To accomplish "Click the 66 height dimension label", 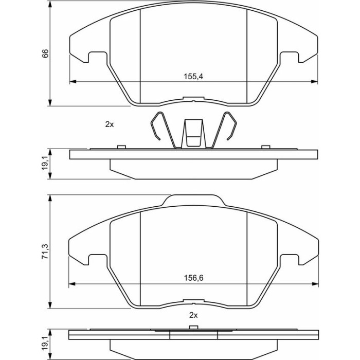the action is pos(45,53).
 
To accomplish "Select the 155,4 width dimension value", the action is pos(193,76).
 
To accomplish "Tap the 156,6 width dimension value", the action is pos(193,278).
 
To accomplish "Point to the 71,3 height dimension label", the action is pos(45,252).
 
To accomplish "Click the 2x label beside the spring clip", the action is pos(110,124).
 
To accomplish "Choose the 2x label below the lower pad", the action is pos(193,315).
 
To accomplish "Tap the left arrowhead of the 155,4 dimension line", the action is pos(73,81).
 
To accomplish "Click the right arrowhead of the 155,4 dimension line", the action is pos(314,81).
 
